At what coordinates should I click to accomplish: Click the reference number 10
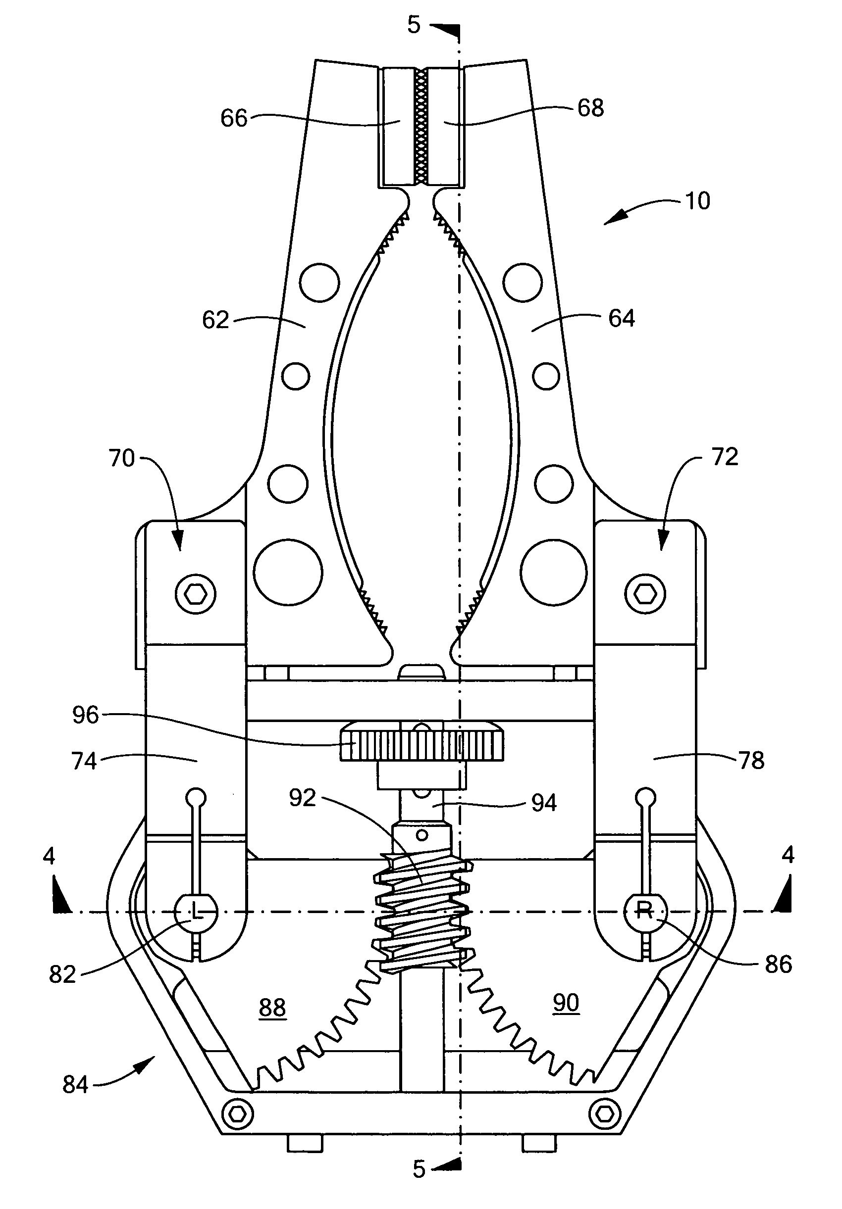tap(696, 201)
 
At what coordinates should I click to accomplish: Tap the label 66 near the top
tap(233, 118)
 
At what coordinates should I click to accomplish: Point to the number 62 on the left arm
tap(215, 320)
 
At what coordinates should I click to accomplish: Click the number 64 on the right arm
tap(621, 318)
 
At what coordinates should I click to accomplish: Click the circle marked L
tap(196, 911)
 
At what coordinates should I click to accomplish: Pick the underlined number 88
tap(272, 1007)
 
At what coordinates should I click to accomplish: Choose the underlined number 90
tap(566, 1002)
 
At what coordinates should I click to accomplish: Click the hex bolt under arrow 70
tap(196, 594)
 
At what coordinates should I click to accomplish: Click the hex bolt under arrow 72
tap(644, 594)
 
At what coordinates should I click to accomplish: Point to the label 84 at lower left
tap(75, 1084)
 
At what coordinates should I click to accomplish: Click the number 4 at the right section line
tap(787, 855)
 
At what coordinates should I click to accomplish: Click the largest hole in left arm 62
tap(288, 573)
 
